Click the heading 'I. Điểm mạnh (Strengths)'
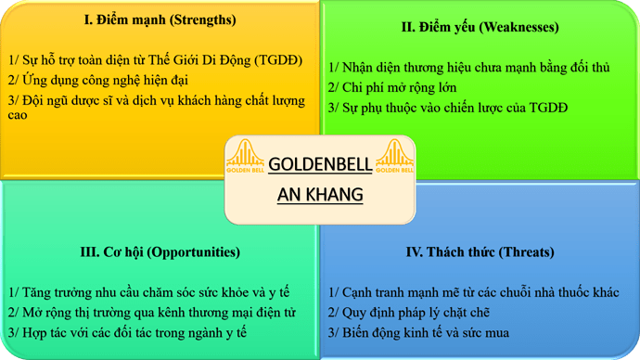pos(160,19)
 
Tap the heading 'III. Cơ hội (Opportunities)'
pos(160,251)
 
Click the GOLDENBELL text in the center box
pos(320,165)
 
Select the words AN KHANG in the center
pos(320,195)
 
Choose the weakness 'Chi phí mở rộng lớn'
pos(392,87)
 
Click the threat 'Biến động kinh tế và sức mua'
pos(426,331)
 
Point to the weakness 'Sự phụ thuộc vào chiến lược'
pos(448,108)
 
